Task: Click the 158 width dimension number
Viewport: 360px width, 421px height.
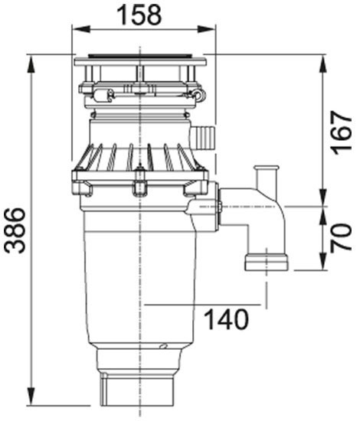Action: (x=139, y=15)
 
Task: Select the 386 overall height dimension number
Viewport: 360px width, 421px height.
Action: (x=15, y=230)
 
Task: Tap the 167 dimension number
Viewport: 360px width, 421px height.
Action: (x=341, y=132)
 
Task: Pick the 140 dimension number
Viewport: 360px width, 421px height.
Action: (x=226, y=319)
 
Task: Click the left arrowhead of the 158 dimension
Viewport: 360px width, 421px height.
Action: (x=81, y=29)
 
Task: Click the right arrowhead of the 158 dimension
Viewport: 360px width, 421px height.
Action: (x=206, y=29)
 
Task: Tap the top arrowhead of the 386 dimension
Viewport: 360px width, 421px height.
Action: (x=32, y=64)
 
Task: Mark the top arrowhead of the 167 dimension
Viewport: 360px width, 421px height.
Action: (x=323, y=64)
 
